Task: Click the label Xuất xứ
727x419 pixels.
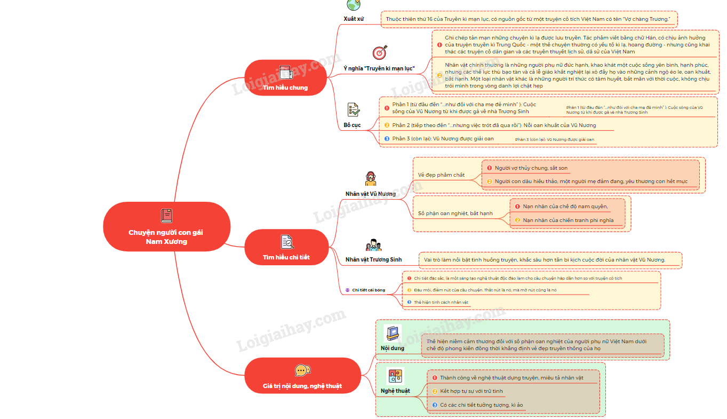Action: click(353, 19)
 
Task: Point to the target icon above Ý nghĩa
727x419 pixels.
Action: click(379, 53)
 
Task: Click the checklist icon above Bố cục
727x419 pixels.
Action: click(353, 110)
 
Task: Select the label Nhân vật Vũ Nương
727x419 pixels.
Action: click(371, 194)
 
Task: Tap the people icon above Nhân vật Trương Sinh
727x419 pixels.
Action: click(373, 245)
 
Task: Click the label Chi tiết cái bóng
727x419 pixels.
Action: click(368, 290)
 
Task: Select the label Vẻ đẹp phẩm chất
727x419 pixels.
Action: click(441, 175)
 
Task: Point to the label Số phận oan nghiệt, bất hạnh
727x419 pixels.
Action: click(455, 214)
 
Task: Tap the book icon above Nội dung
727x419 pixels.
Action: click(393, 333)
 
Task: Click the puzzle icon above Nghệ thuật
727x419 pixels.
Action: click(395, 376)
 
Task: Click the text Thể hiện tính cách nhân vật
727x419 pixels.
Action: click(441, 303)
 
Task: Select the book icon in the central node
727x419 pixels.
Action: click(166, 216)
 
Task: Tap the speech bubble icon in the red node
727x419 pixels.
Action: click(302, 370)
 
